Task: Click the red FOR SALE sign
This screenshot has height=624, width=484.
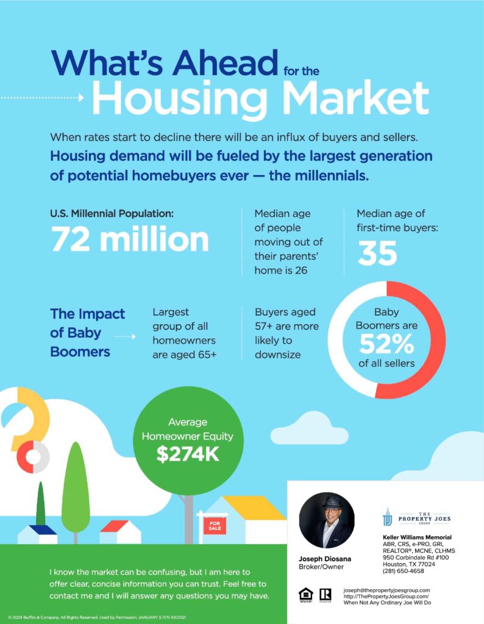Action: (215, 525)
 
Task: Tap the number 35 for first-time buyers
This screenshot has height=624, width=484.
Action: (377, 253)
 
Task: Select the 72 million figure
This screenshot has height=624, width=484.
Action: (130, 239)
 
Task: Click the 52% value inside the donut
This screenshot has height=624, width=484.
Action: (386, 344)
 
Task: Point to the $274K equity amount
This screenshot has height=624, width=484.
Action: (188, 453)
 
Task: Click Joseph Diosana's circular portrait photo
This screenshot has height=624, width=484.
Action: (327, 520)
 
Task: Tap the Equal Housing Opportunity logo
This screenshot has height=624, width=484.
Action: (305, 595)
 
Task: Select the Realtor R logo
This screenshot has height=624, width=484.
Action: (325, 595)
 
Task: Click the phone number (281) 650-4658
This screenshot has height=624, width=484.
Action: (404, 571)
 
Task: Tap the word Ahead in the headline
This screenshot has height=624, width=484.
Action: (226, 62)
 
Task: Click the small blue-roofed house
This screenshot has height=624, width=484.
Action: (37, 534)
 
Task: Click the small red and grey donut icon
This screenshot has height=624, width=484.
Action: (33, 457)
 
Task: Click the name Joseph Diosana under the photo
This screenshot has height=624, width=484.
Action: (325, 559)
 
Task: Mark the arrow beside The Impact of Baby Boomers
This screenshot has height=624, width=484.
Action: (124, 336)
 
